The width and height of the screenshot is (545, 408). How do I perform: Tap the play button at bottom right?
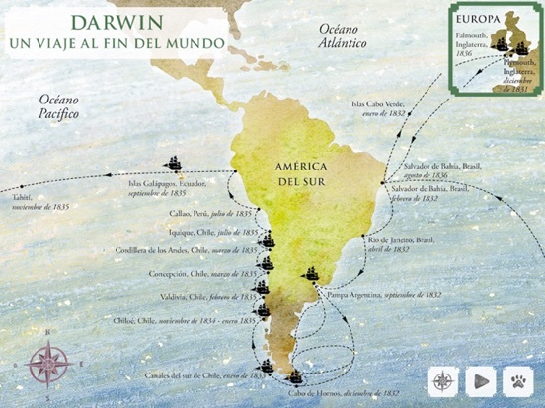481,380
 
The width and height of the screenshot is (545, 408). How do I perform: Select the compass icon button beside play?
443,380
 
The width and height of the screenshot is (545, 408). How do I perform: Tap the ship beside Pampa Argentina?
313,275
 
